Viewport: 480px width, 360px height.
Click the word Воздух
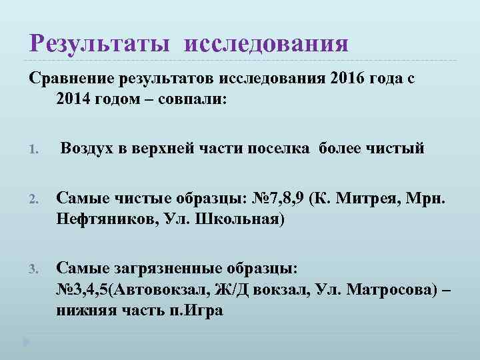[90, 148]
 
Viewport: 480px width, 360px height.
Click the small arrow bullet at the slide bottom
[26, 342]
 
